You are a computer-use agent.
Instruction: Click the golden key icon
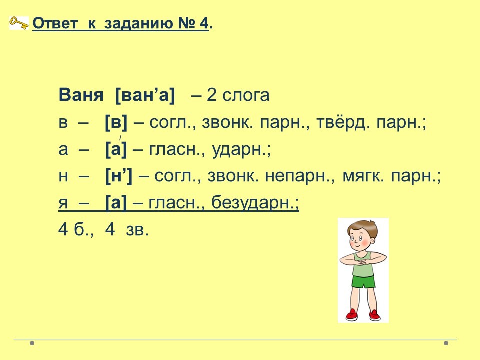tap(19, 23)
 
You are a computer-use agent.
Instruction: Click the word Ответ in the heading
tap(55, 23)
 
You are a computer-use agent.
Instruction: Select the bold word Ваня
tap(81, 95)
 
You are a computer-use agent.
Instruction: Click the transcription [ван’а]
tap(145, 95)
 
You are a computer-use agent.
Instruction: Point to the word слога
tap(246, 95)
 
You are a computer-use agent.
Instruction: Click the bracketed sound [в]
tap(116, 123)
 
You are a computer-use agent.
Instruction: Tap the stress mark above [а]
tap(120, 138)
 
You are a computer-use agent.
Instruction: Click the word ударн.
tap(239, 150)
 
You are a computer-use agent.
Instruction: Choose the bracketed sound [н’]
tap(119, 176)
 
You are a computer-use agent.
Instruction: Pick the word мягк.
tap(363, 176)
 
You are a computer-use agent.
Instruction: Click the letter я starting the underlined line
tap(63, 203)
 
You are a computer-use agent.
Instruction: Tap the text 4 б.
tap(75, 229)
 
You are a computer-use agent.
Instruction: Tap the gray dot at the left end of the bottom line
tap(32, 343)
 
